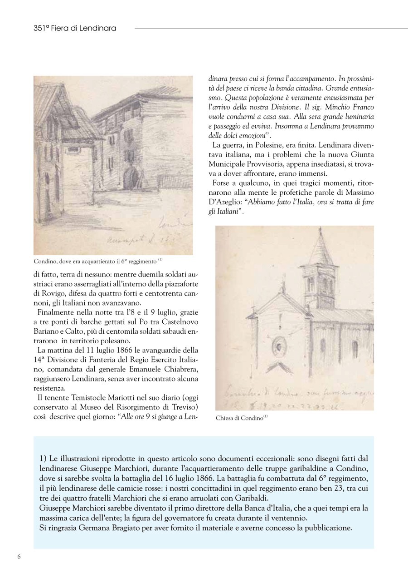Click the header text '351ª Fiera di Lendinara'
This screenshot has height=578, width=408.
coord(75,28)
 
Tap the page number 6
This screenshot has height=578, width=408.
coord(19,557)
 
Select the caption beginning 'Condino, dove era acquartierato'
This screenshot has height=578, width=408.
coord(95,262)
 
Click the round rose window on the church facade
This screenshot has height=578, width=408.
coord(278,346)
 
